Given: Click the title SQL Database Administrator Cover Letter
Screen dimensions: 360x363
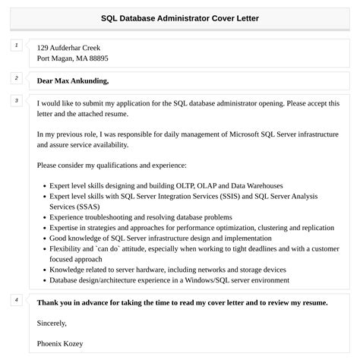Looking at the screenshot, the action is click(179, 18).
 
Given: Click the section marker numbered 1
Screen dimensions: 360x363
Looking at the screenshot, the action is click(16, 46).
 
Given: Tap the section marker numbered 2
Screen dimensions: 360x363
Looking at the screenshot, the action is click(16, 77).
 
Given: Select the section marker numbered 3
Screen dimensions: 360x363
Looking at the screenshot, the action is click(16, 101).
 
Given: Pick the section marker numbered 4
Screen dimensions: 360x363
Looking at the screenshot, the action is click(16, 300).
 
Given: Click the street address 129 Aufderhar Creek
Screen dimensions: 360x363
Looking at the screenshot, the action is click(68, 47).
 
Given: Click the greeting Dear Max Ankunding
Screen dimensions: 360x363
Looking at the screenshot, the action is click(73, 80).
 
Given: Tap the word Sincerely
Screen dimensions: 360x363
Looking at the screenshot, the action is click(55, 323).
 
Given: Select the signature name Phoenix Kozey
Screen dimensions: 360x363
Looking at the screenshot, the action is click(60, 343).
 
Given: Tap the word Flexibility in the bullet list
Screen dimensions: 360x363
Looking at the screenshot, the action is click(68, 248).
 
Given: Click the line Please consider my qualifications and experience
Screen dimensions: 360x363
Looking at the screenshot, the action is click(111, 164).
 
